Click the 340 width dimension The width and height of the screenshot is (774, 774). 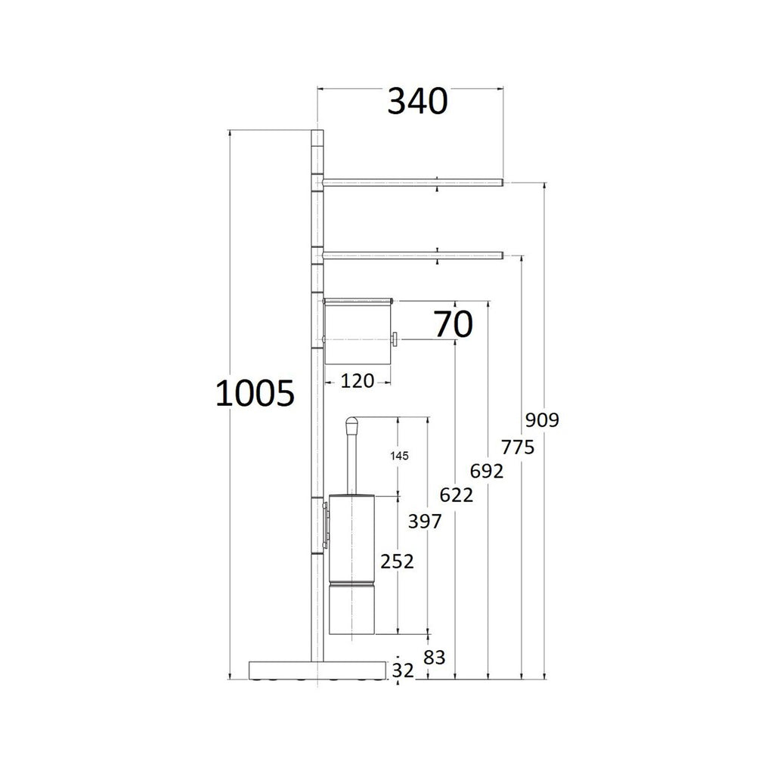coord(417,101)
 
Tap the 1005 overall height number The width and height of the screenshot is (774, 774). coord(254,394)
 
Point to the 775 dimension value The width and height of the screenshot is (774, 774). coord(518,447)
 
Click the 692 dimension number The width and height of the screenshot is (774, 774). coord(487,472)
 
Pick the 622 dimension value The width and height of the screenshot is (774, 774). coord(457,496)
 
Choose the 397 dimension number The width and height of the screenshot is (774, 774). coord(426,521)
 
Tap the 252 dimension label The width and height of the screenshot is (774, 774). coord(397,562)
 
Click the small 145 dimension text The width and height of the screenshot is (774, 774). coord(399,456)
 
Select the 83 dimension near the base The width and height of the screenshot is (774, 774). coord(434,658)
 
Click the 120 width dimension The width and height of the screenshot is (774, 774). coord(357,381)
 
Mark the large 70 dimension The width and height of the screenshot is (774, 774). coord(453,324)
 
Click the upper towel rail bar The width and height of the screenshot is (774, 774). coord(412,182)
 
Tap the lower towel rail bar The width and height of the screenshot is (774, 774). coord(412,255)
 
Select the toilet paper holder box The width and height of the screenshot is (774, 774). coord(357,331)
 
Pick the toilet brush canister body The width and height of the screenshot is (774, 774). coord(352,563)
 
